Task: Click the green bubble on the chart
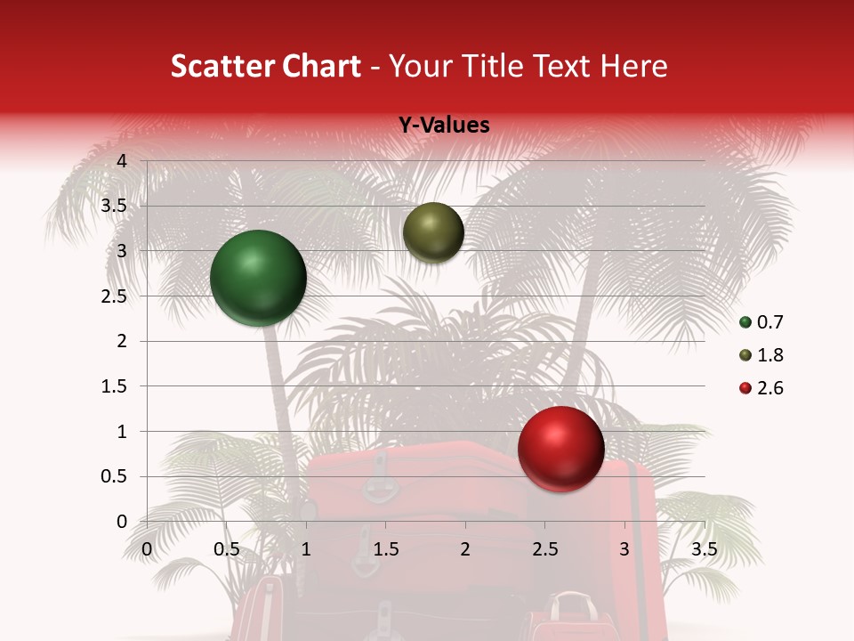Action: point(259,278)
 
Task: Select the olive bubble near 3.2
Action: point(433,232)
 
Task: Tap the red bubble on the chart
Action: point(560,449)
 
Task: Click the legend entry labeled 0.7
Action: point(761,322)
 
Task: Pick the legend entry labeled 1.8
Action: point(761,355)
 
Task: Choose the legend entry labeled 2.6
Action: point(761,388)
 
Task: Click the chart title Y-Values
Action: point(443,126)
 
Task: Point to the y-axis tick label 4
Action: point(122,161)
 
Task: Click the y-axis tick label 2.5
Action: point(113,296)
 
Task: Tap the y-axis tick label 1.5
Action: point(113,386)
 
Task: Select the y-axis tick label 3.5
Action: point(113,207)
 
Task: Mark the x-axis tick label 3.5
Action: point(705,549)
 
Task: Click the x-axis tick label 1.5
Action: point(386,549)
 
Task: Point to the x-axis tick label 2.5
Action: point(545,549)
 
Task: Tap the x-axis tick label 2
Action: point(465,549)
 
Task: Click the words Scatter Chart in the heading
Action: point(265,66)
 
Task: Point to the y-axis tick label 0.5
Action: point(113,477)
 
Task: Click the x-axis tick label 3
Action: point(624,549)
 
